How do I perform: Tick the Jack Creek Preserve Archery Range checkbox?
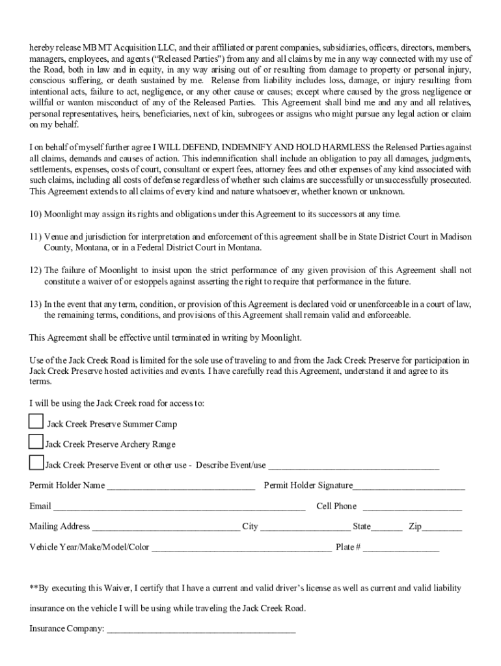tap(36, 442)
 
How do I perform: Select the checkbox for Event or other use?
tap(36, 462)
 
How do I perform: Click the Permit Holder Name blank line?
tap(180, 486)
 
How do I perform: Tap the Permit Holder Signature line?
tap(409, 486)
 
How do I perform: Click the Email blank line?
tap(179, 507)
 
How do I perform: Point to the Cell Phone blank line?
tap(412, 507)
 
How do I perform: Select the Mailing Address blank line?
tap(165, 527)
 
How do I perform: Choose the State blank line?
tap(387, 527)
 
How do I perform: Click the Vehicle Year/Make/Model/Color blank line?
tap(241, 548)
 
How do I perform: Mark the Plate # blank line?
tap(401, 548)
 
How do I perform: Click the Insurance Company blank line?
tap(201, 630)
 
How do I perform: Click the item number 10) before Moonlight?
tap(36, 214)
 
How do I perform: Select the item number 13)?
tap(36, 304)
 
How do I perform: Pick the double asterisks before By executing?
tap(34, 588)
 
